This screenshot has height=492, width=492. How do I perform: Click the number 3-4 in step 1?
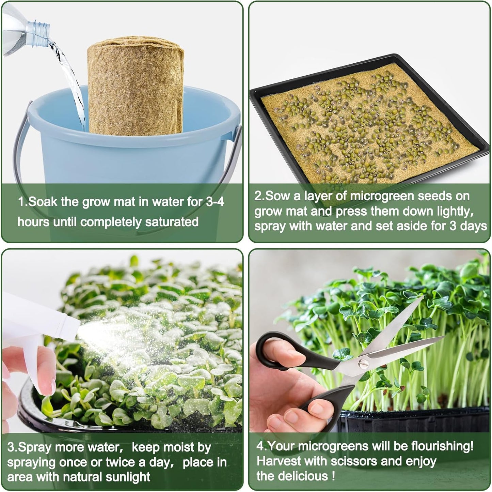tap(215, 202)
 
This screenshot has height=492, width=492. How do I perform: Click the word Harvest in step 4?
tap(279, 461)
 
